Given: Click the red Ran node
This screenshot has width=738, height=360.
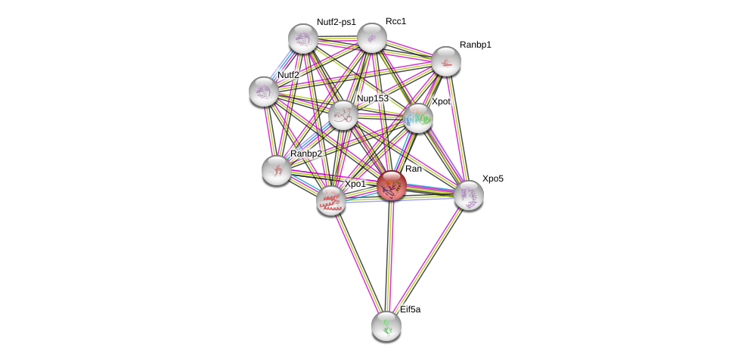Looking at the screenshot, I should point(392,185).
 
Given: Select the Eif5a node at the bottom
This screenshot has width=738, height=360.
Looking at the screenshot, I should point(386,326).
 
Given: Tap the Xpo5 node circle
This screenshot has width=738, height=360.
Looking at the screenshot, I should point(469,195).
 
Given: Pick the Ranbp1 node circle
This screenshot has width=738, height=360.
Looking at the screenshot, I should point(446,61).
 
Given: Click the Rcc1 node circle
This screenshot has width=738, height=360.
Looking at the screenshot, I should point(372,38).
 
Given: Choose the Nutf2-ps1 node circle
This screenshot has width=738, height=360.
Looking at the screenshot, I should point(303,39).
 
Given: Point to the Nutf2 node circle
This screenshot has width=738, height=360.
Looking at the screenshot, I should point(264,92).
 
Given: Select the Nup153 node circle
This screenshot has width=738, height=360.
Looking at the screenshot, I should point(343,115).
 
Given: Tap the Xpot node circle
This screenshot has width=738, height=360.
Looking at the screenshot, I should point(418,118).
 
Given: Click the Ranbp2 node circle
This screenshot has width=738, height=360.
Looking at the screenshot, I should point(277,170).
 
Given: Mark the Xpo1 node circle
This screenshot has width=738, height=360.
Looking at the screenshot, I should point(331,200).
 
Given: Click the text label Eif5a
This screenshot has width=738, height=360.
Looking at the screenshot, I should point(410,309).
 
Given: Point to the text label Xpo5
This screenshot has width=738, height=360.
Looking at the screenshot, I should point(492,178).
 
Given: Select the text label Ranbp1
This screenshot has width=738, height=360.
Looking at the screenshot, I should point(475,45).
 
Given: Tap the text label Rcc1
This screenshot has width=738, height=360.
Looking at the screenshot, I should point(395,21).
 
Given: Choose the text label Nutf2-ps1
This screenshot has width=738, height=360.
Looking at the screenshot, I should point(336,22).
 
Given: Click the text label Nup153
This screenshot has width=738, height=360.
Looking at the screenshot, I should point(372,98).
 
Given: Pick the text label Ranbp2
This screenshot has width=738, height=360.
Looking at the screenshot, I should point(306,154).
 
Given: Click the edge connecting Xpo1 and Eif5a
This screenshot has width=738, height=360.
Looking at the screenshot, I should point(358,262).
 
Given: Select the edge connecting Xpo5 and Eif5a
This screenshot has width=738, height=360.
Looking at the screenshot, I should point(428,260).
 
